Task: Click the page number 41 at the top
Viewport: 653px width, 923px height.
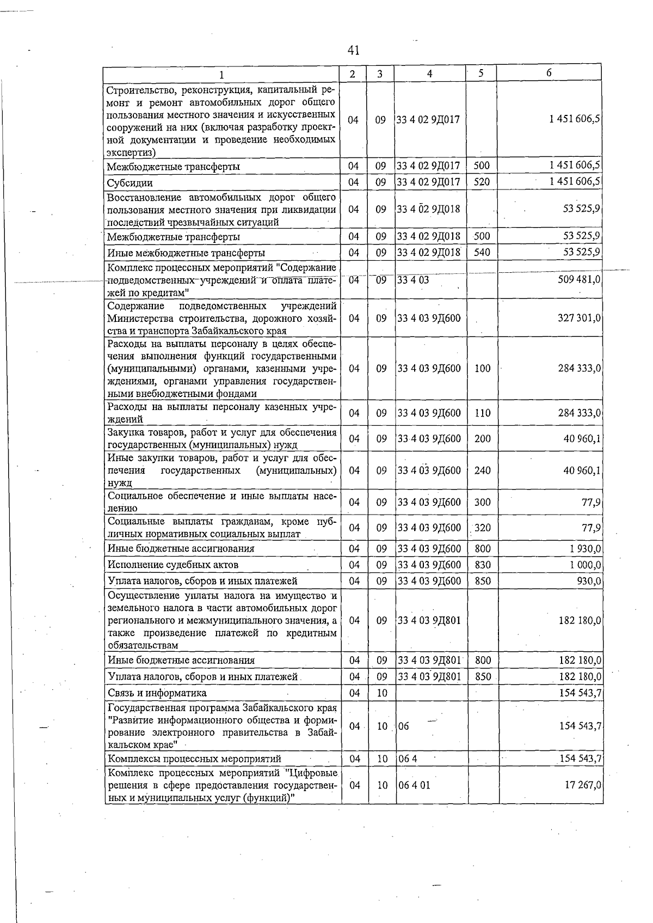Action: [x=353, y=51]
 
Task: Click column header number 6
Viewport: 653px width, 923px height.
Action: [x=549, y=73]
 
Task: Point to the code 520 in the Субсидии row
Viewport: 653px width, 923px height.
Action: [x=482, y=182]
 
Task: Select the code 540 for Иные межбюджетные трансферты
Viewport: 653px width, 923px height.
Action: [x=482, y=252]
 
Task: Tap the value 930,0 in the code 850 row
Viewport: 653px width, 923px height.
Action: [x=589, y=581]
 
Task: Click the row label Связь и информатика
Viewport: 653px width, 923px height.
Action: [x=157, y=693]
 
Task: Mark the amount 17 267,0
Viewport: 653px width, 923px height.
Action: [x=583, y=785]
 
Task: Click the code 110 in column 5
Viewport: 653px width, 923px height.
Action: [x=482, y=413]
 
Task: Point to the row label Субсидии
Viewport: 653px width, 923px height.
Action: [x=130, y=183]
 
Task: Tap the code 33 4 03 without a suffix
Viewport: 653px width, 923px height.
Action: [x=413, y=279]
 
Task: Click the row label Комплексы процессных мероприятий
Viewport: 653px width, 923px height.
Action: [x=194, y=759]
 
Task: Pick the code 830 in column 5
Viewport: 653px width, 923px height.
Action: [x=482, y=565]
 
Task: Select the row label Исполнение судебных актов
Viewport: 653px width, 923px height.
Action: [x=173, y=565]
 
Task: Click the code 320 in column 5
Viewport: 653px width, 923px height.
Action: [x=482, y=527]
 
